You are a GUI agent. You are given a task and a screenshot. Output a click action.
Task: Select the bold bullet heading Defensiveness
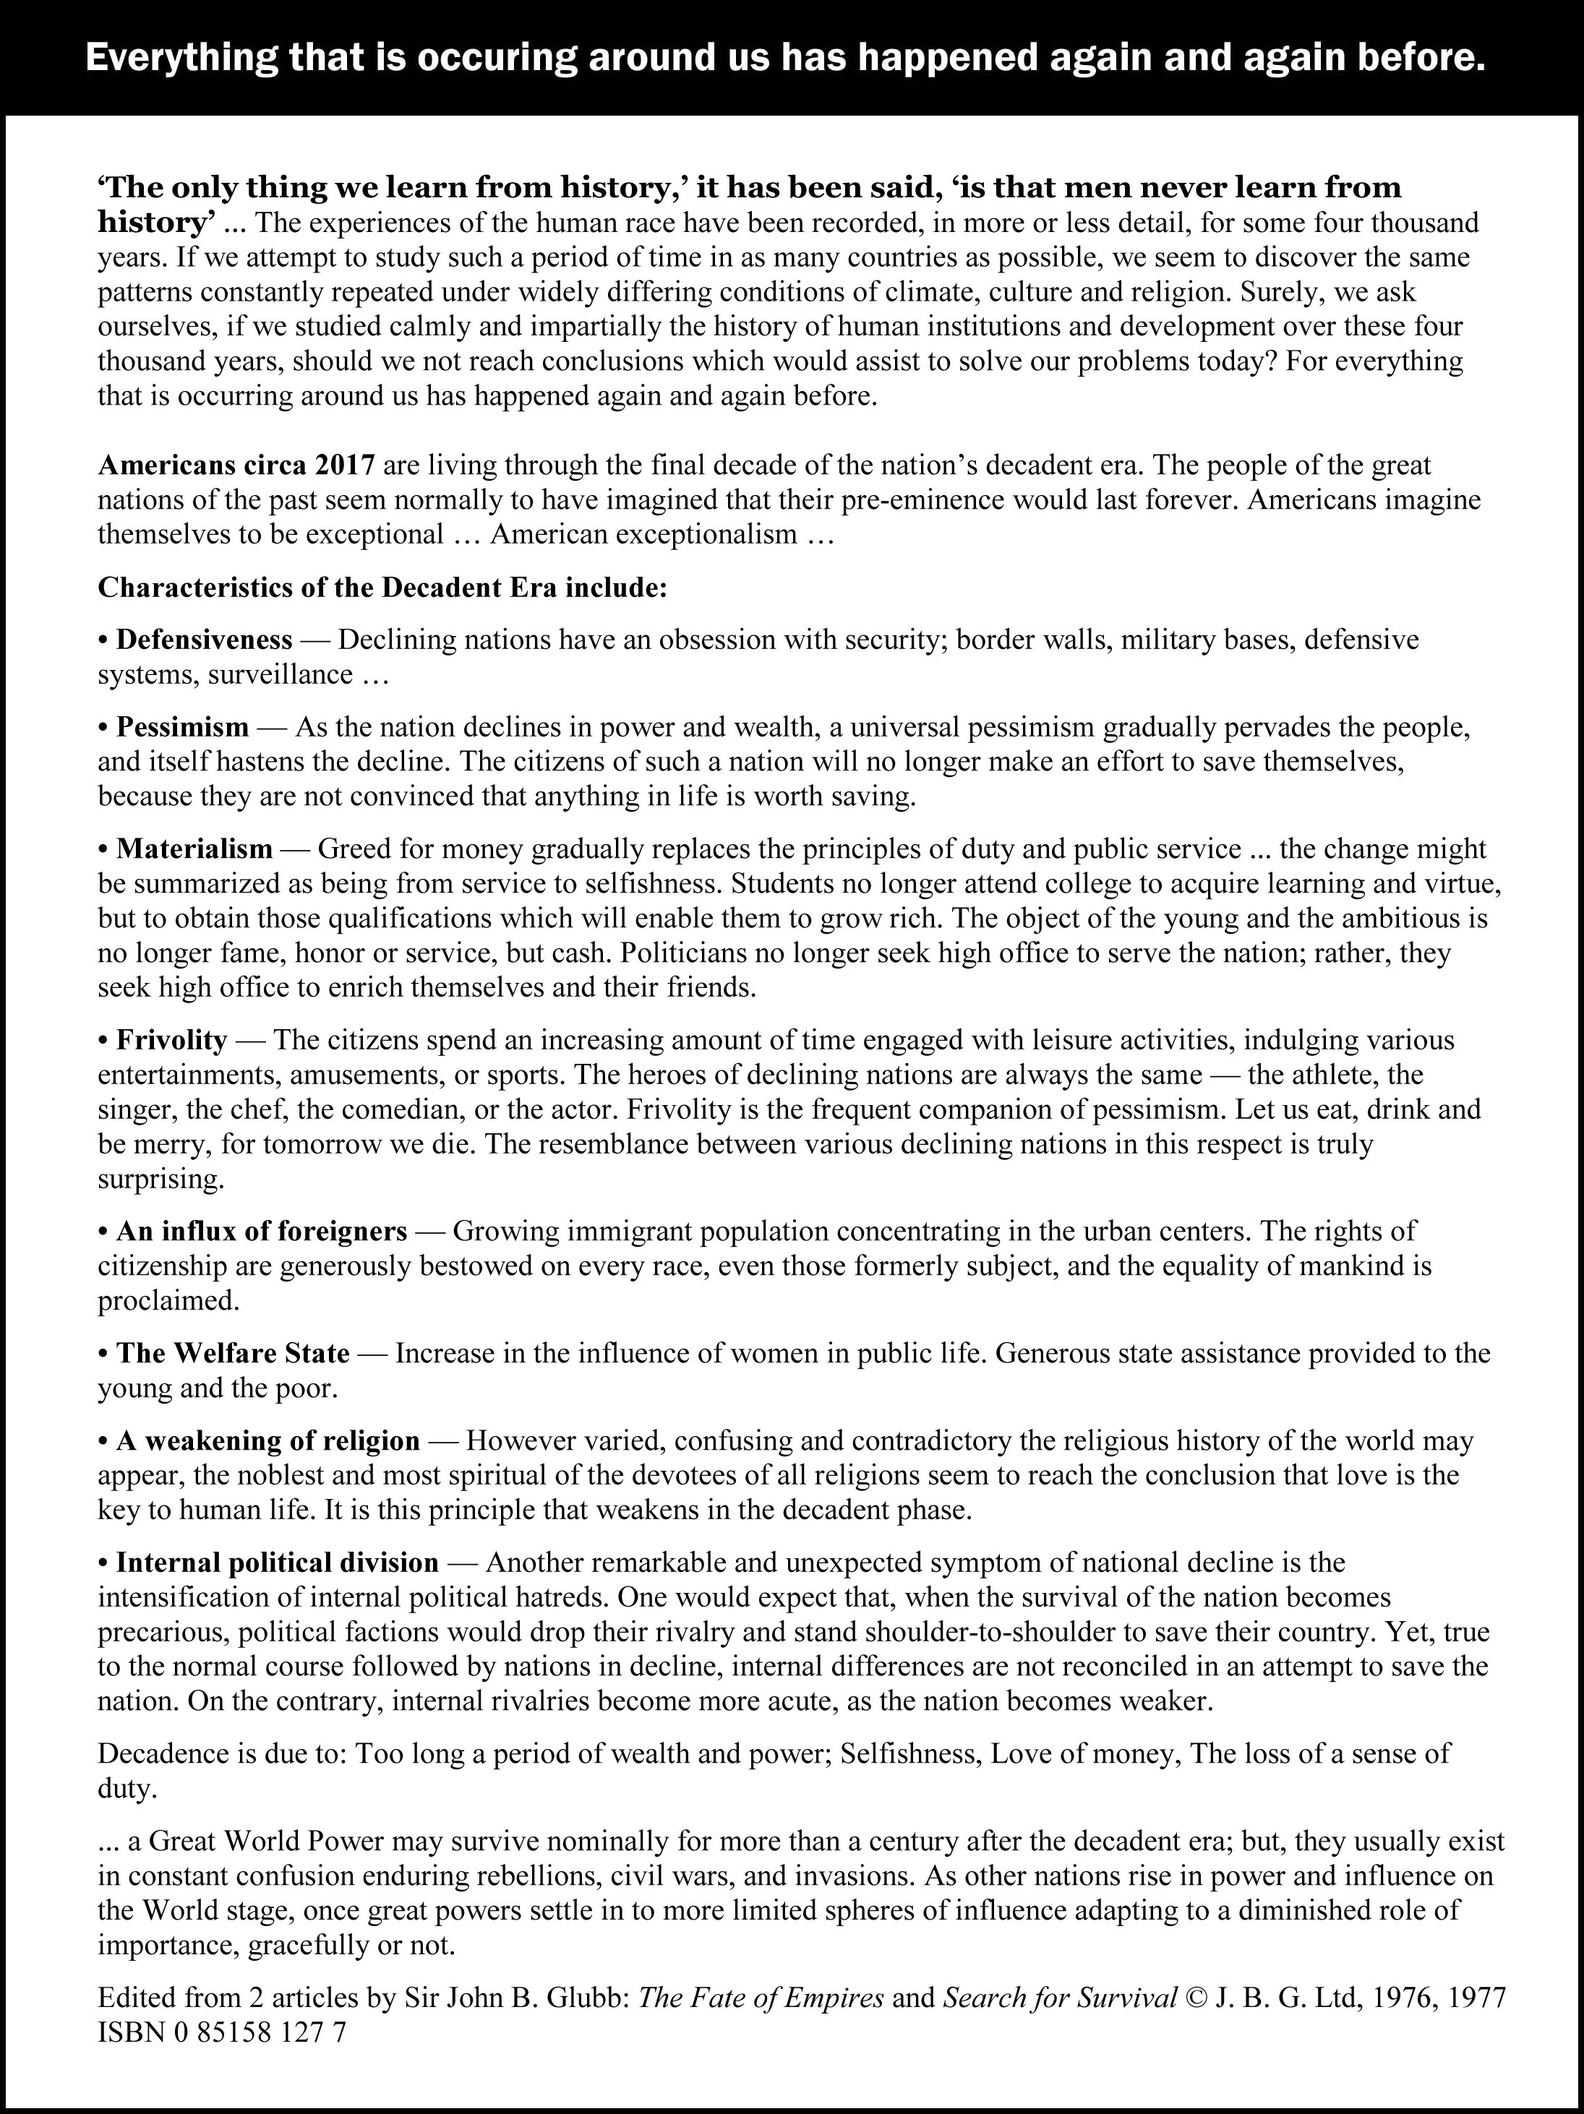coord(204,640)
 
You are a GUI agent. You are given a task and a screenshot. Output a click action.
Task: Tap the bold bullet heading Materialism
coord(194,848)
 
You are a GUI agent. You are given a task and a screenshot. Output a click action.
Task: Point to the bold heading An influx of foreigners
coord(261,1231)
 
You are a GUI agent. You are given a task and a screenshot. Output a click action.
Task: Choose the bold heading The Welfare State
coord(232,1353)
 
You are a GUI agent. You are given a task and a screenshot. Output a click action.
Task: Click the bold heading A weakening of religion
coord(267,1440)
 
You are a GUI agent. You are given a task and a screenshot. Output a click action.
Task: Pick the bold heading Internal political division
coord(277,1563)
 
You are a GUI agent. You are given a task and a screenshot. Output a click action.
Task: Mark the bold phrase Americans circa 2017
coord(236,465)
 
